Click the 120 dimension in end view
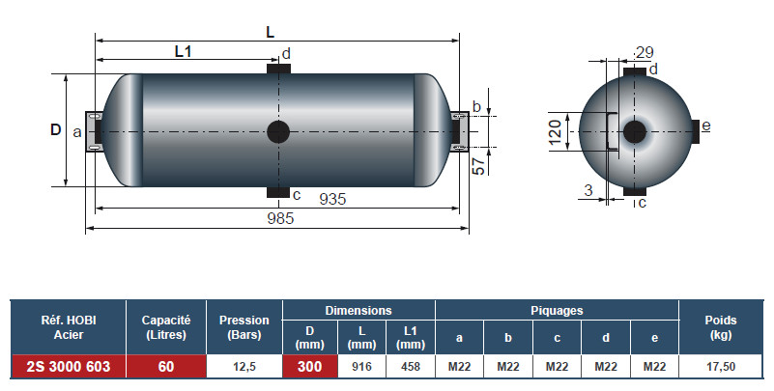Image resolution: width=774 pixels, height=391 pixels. (x=555, y=130)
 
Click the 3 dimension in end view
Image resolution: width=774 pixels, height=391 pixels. (x=588, y=190)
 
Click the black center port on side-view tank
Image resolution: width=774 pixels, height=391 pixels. (x=277, y=131)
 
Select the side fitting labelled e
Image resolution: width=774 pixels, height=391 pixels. (x=696, y=127)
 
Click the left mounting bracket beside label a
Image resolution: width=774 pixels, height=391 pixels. (x=95, y=130)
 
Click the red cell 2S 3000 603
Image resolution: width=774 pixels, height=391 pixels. (x=69, y=366)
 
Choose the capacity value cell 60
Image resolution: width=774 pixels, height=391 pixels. (x=166, y=366)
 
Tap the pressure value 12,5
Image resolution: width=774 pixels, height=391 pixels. (x=244, y=366)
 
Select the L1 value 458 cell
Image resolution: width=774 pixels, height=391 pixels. (x=410, y=366)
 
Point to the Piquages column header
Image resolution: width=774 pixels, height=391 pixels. (x=557, y=311)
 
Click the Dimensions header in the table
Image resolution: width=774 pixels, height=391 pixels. (x=358, y=311)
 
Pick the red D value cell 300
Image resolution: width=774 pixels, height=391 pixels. (x=309, y=366)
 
